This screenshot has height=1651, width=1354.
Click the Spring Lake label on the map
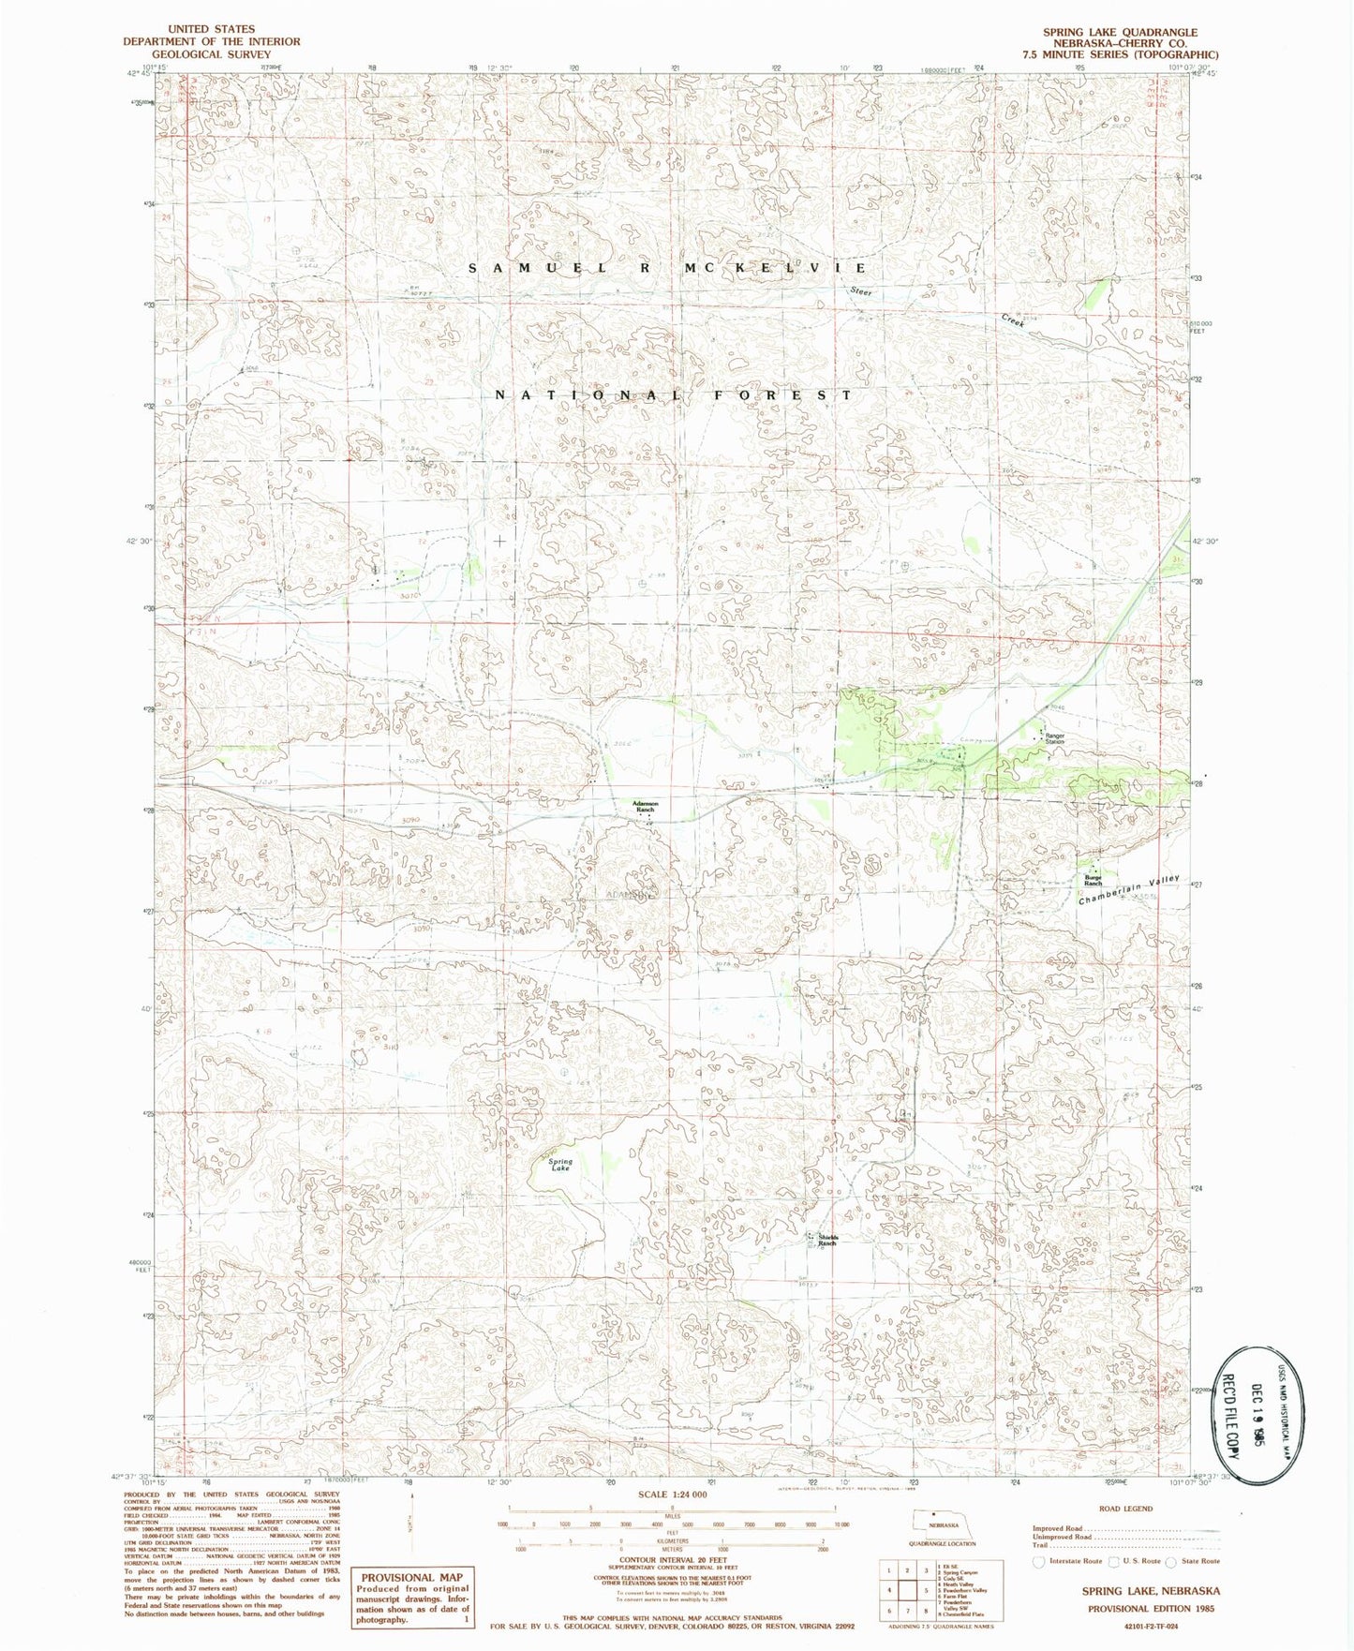[x=560, y=1165]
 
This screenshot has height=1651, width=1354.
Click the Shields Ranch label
[x=826, y=1241]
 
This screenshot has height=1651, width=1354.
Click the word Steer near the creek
[x=860, y=291]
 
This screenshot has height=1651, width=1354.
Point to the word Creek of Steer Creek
[x=1012, y=320]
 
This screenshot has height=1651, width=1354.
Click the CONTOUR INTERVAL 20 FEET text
[x=671, y=1559]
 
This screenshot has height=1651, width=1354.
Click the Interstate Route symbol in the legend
[x=1037, y=1561]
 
